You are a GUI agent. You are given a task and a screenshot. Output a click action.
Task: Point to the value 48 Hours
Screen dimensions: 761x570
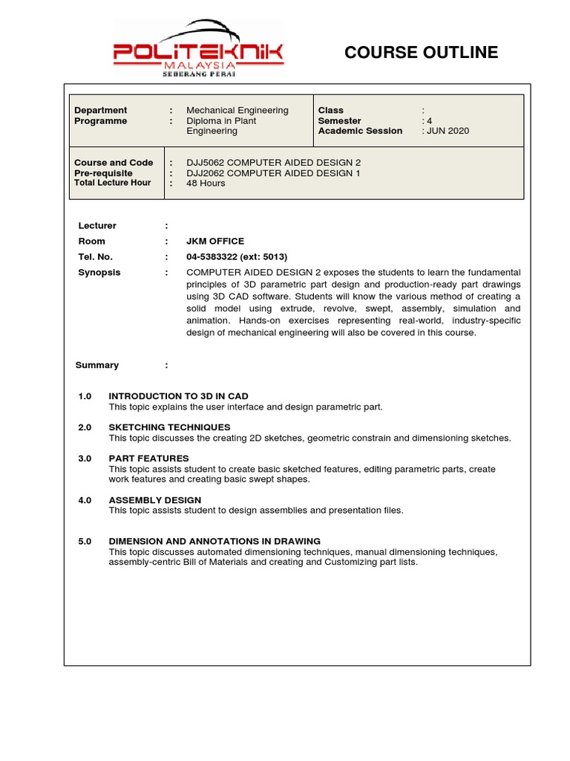click(206, 184)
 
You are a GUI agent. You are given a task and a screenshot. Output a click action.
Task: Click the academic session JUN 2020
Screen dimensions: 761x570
click(448, 131)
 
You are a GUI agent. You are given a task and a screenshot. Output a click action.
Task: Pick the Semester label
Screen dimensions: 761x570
click(339, 120)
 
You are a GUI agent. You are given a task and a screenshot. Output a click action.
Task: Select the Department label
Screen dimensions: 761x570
click(100, 110)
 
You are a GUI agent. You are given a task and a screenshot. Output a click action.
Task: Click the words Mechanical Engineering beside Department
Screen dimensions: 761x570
click(237, 110)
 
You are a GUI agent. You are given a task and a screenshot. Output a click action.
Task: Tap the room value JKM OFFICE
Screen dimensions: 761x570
click(215, 241)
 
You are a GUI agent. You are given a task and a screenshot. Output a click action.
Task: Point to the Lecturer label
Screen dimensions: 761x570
click(97, 225)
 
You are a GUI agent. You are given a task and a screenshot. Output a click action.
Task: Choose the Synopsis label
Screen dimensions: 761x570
click(99, 272)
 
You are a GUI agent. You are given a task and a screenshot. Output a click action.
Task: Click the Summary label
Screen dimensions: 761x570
click(96, 365)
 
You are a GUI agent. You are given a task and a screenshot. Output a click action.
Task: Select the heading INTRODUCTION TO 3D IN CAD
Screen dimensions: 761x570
click(178, 396)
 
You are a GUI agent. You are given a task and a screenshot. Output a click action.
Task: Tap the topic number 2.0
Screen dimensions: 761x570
click(85, 427)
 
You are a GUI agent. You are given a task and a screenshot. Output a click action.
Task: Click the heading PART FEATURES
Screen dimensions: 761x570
click(148, 459)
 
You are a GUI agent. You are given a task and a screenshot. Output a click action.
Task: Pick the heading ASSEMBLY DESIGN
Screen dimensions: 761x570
click(154, 500)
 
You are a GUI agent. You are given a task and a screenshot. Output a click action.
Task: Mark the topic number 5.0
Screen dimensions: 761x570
click(85, 542)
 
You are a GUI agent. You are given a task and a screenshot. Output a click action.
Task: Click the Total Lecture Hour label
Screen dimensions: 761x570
click(112, 183)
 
